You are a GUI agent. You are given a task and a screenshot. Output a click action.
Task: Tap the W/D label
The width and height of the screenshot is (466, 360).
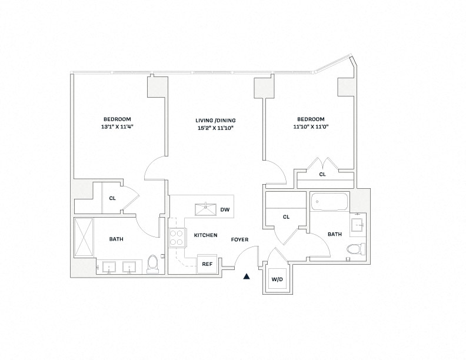point(277,279)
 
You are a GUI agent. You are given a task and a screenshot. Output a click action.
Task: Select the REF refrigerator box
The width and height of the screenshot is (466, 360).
point(207,264)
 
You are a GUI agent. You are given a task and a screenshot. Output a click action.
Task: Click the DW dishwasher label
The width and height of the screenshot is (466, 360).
point(224,210)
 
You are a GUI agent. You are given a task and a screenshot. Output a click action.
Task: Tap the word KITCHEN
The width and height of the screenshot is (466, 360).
point(205,235)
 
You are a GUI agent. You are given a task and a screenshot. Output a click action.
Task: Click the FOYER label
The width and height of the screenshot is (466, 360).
point(239,239)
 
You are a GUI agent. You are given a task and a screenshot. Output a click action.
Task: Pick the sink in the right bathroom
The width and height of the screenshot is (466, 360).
point(358,224)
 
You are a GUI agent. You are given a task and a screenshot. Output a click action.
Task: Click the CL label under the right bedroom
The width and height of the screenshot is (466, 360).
point(322,175)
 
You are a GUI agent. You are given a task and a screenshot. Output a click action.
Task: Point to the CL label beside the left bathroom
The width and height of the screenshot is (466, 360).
point(112,198)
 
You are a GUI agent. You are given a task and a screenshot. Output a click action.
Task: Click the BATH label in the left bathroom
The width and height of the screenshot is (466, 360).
point(116,239)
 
